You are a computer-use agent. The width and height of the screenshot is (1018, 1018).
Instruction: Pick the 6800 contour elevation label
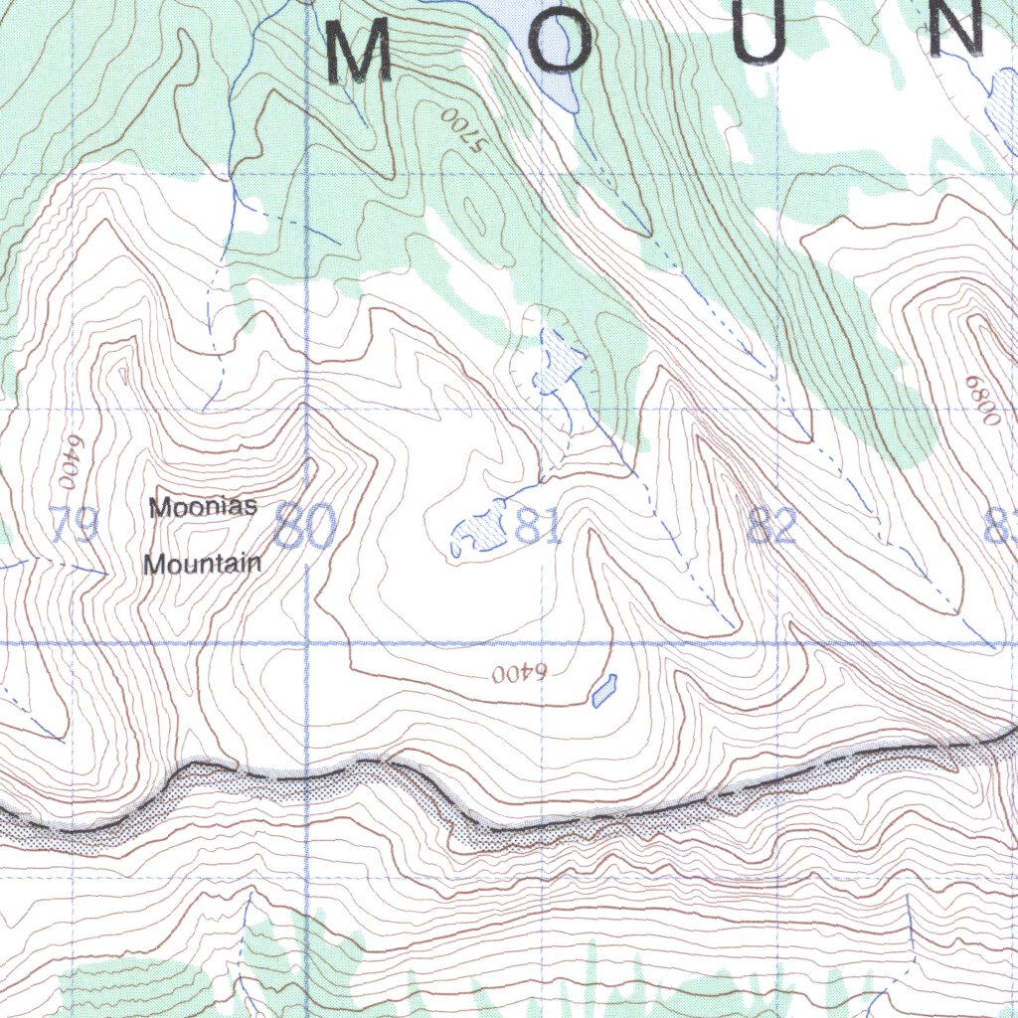[x=980, y=401]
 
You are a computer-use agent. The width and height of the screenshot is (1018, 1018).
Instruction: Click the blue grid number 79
[x=74, y=526]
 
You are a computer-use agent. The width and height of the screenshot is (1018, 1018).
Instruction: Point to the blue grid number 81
[x=538, y=528]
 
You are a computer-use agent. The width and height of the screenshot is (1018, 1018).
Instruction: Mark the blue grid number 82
[x=772, y=526]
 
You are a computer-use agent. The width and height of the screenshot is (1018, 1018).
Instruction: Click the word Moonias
[x=203, y=507]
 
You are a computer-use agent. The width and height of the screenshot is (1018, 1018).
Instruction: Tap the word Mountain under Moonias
[x=203, y=564]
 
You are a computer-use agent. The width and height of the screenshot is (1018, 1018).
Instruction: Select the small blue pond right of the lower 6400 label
[x=603, y=689]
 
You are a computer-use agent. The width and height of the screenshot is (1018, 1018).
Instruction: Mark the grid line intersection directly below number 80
[x=306, y=644]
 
